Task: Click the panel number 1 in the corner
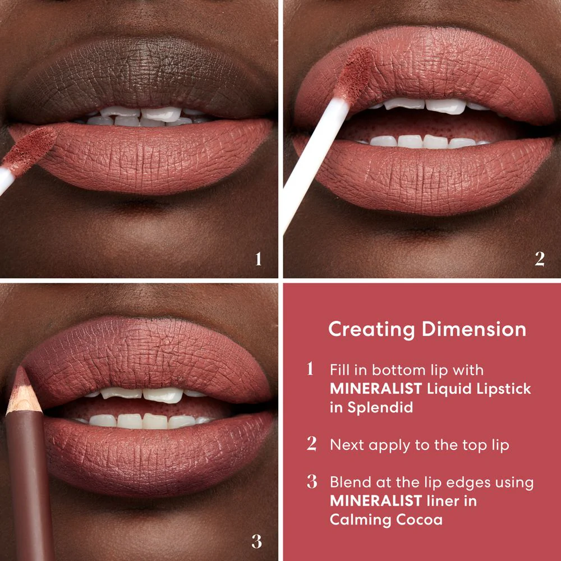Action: pos(258,259)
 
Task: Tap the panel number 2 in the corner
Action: pos(539,259)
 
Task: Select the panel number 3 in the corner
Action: pos(256,542)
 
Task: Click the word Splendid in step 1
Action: pos(379,407)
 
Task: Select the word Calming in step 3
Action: pos(358,519)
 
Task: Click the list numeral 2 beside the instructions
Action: pos(312,444)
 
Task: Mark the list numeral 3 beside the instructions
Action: pos(312,482)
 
